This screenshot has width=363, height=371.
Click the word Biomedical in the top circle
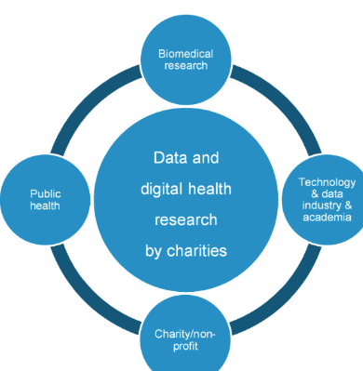[x=185, y=54]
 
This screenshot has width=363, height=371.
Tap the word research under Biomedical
[x=185, y=66]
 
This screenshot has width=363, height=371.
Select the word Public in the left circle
[x=46, y=194]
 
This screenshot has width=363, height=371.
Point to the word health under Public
[x=45, y=205]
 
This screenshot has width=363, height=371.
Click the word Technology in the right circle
[x=327, y=182]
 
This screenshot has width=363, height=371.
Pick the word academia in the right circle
[x=327, y=217]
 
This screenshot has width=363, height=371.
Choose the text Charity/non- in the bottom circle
[x=185, y=334]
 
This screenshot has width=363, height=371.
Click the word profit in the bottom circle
[x=185, y=346]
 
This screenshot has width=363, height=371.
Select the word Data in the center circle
[x=171, y=158]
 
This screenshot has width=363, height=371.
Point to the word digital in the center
[x=160, y=189]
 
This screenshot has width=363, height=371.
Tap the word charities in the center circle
[x=197, y=251]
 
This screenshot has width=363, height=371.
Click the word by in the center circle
[x=154, y=251]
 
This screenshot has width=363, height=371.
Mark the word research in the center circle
[x=186, y=220]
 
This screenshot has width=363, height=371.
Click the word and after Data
[x=206, y=158]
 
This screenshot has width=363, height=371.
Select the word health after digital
[x=209, y=189]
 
